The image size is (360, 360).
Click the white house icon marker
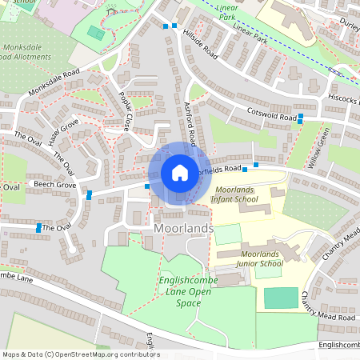coord(180,173)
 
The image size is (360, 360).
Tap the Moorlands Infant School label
coord(235,195)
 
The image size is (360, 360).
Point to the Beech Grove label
coord(54,185)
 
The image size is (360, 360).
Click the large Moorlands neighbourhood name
coord(183,230)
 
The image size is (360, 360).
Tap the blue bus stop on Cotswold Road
coord(301,118)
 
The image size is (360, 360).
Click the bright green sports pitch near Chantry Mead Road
coord(281,298)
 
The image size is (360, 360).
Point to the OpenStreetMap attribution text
coord(81,354)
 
